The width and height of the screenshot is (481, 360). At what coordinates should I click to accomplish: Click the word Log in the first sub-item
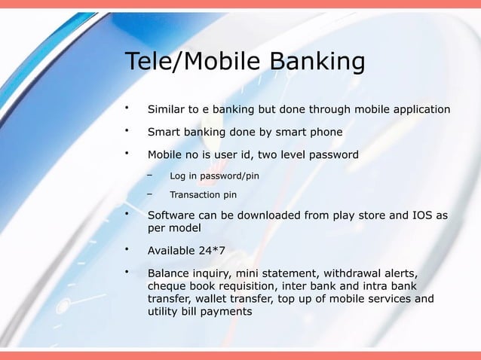point(179,176)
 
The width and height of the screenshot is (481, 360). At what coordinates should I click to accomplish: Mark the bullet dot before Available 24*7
point(128,249)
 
